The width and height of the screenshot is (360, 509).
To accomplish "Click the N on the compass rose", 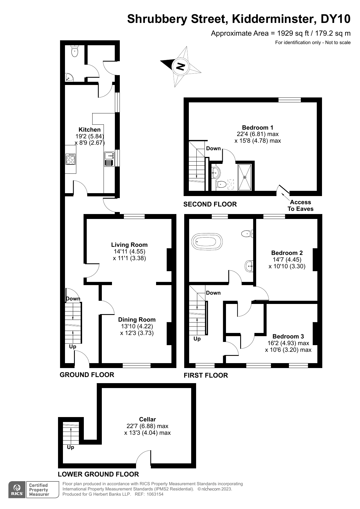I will [180, 66].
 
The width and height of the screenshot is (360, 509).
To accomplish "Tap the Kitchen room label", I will [90, 130].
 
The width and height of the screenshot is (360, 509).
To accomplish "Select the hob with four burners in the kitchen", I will [70, 159].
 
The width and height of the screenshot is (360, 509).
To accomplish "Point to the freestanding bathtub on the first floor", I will [207, 241].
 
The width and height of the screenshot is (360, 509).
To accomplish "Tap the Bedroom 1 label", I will [258, 128].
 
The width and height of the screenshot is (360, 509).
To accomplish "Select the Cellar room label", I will [147, 419].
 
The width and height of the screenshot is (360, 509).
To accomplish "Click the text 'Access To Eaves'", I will [301, 205].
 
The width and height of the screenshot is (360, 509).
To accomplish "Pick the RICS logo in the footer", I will [17, 490].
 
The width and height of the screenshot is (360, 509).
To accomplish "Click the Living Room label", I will [129, 245].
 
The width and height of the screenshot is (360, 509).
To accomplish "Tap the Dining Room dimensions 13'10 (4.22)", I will [137, 326].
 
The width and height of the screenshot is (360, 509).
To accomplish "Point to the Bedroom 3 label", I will [288, 336].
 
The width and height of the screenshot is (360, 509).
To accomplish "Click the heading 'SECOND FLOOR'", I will [210, 204].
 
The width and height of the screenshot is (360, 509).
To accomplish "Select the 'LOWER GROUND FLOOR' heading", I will [98, 474].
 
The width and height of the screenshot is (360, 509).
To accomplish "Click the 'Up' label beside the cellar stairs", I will [70, 447].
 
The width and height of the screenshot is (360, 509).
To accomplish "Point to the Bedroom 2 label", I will [287, 253].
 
